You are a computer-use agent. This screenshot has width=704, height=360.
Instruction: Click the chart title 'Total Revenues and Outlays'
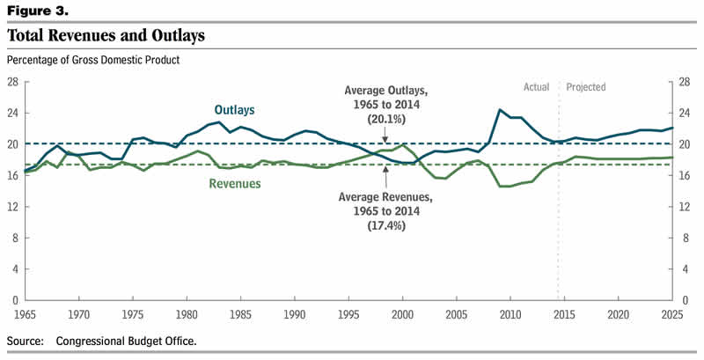(106, 36)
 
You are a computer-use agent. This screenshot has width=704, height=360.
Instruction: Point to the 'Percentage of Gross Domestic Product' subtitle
(92, 60)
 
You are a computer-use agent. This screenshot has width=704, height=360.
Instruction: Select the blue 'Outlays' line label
(234, 110)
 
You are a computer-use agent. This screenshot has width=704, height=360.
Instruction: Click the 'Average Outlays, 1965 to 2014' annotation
(384, 98)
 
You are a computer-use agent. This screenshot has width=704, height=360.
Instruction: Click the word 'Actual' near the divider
(536, 87)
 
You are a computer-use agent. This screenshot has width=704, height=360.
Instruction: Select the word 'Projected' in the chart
(586, 87)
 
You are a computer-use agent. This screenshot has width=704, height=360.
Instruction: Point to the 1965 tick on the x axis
(25, 313)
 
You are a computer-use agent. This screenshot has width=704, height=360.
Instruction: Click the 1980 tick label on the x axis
(187, 313)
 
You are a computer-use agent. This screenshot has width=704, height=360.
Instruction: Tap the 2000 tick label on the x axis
(402, 313)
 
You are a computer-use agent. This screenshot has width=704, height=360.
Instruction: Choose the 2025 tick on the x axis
(671, 313)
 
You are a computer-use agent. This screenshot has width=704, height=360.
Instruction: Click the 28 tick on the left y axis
(12, 82)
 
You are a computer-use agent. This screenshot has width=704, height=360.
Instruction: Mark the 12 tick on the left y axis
(12, 207)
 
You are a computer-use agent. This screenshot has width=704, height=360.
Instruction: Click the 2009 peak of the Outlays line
(500, 110)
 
